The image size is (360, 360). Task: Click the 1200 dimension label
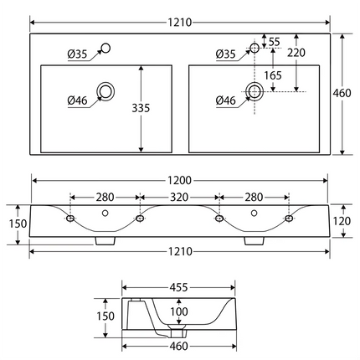(x=180, y=180)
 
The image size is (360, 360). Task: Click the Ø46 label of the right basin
(x=226, y=101)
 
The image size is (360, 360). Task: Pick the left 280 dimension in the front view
(x=105, y=197)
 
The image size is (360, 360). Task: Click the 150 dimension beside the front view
(x=18, y=224)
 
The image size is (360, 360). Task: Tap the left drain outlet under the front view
(x=105, y=239)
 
